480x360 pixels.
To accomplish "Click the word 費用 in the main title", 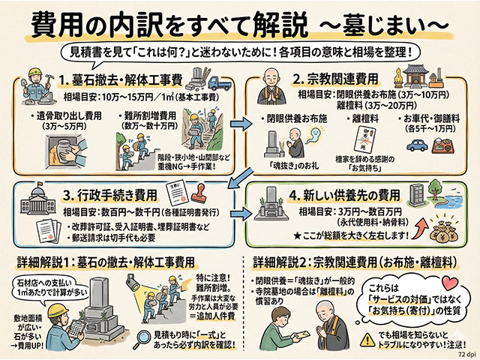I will pyautogui.click(x=53, y=24).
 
